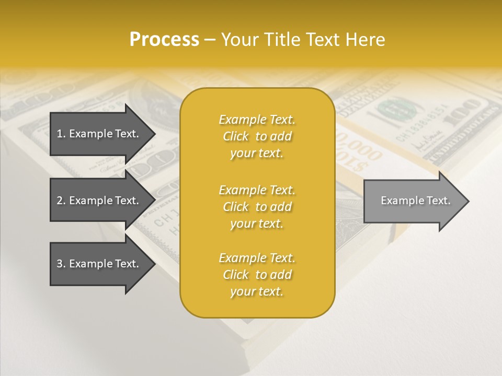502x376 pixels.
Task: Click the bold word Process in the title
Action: click(164, 40)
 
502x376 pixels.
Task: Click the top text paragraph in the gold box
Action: click(257, 136)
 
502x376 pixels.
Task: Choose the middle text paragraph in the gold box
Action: click(257, 206)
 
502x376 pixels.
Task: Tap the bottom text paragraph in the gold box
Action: click(257, 275)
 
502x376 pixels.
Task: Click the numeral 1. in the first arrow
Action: click(61, 134)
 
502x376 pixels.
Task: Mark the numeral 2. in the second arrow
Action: click(61, 201)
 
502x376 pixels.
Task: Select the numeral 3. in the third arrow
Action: click(61, 264)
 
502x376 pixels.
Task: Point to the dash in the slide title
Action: click(210, 40)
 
